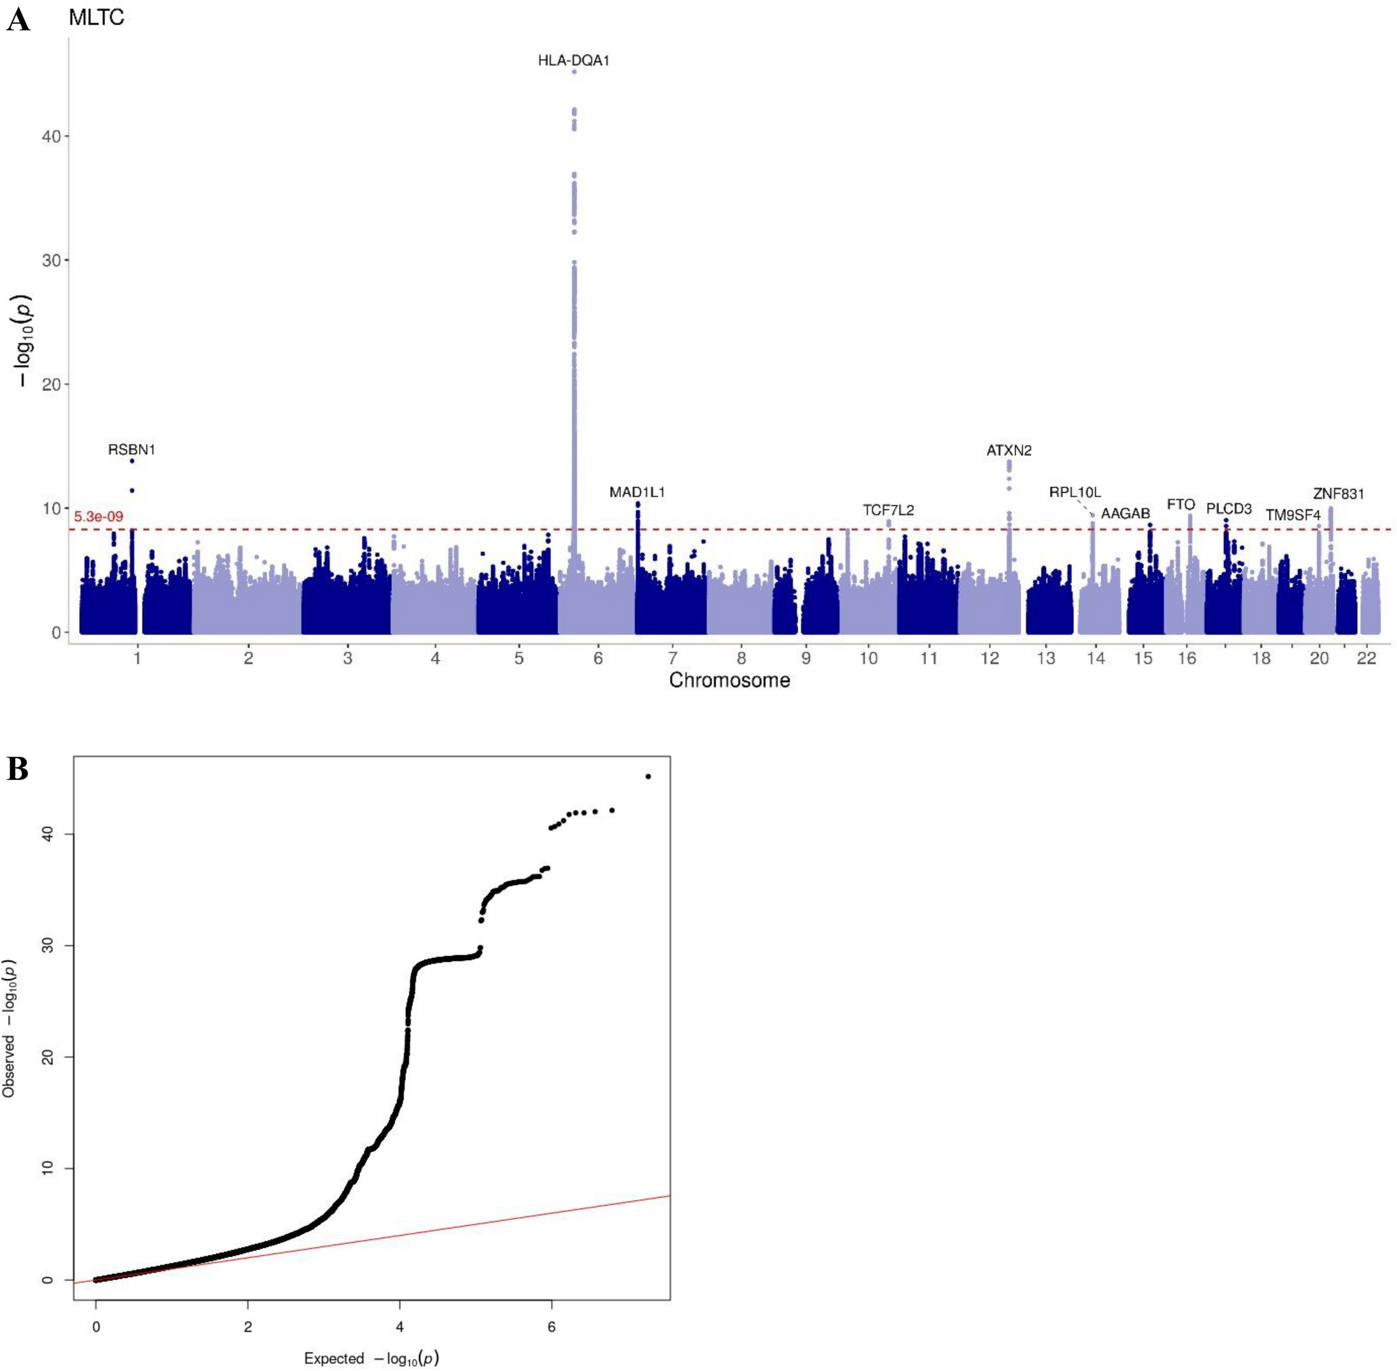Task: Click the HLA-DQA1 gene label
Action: click(x=573, y=60)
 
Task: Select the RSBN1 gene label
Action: click(x=132, y=449)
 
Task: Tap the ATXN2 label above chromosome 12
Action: click(x=1008, y=450)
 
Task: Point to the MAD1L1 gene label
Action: click(x=637, y=492)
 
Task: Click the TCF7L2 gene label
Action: click(x=888, y=510)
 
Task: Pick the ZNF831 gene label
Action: click(x=1338, y=494)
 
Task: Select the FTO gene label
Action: click(x=1180, y=505)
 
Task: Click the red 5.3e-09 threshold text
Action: click(x=99, y=517)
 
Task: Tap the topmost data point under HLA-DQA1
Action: click(x=573, y=72)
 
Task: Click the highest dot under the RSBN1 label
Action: click(x=132, y=461)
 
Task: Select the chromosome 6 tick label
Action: click(x=598, y=658)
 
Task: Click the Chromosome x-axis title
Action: click(x=729, y=681)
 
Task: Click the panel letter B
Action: click(x=17, y=769)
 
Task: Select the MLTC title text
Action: click(x=97, y=18)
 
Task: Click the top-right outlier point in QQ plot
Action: click(x=648, y=776)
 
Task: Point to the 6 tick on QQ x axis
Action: click(x=551, y=1327)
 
